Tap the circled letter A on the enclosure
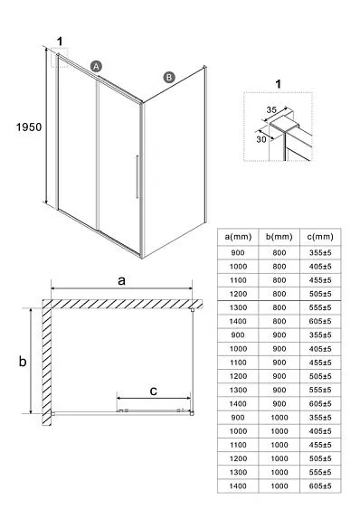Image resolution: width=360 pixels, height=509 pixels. [x=96, y=66]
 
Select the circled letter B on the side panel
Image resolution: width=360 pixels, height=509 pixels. [x=168, y=78]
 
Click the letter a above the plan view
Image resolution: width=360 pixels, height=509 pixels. [x=122, y=281]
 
